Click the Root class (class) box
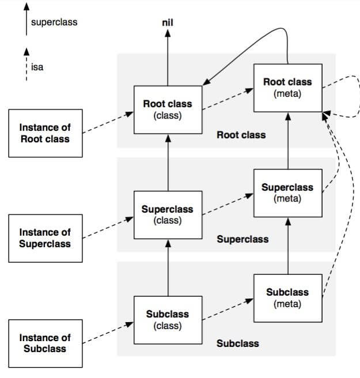pos(168,109)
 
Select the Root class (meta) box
pos(287,87)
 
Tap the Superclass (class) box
pos(168,214)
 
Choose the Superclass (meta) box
pos(287,192)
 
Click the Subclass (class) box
pos(168,320)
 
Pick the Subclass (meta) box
pos(287,298)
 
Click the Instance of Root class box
pos(45,133)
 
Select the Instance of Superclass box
pos(45,238)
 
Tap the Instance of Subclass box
pos(45,343)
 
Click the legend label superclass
pos(55,22)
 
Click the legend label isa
pos(37,67)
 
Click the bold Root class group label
pos(241,135)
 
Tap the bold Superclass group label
pos(242,239)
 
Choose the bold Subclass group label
pos(237,343)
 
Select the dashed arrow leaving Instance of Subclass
pos(107,333)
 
